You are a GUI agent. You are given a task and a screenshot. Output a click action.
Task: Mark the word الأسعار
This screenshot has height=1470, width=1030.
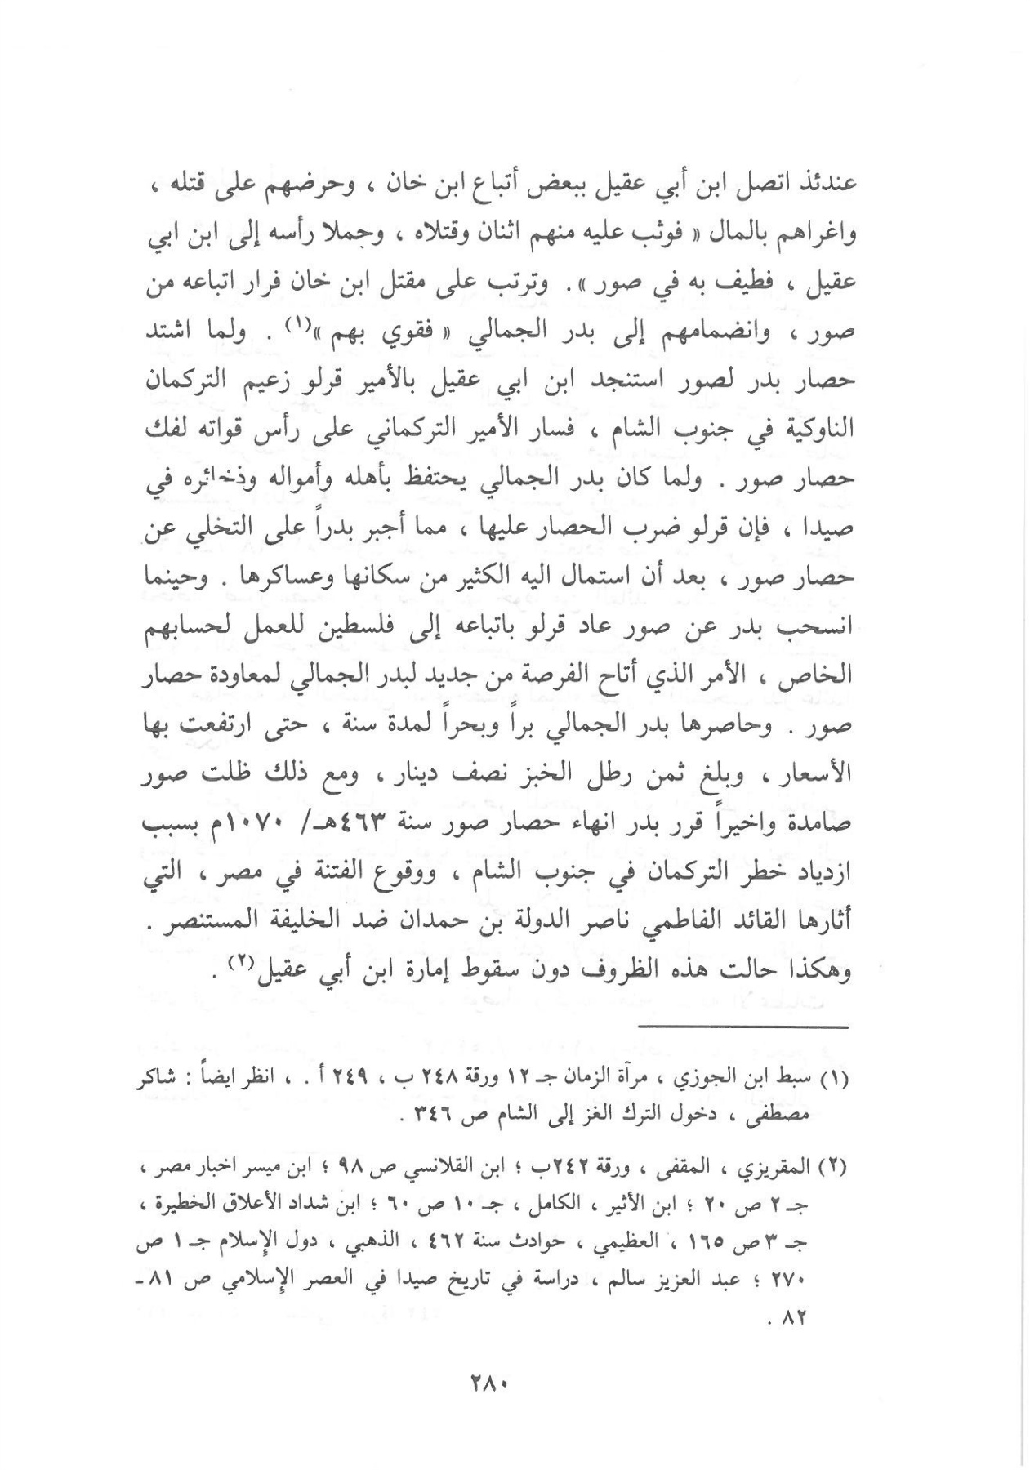818,773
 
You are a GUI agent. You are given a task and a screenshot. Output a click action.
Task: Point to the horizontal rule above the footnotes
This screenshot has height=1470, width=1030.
743,1027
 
